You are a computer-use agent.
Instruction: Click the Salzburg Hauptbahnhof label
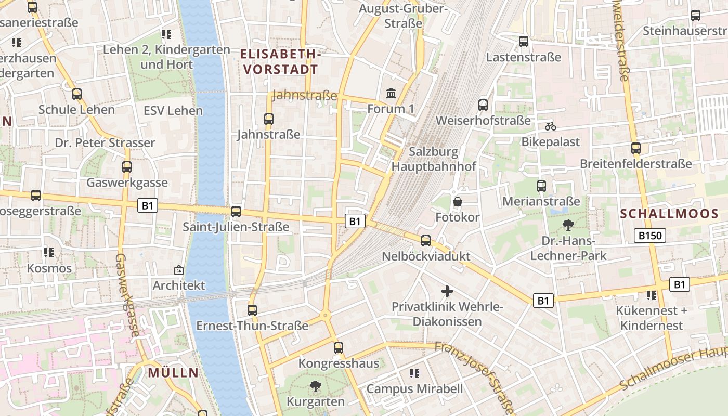point(434,159)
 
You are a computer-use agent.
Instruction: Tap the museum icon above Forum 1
point(391,94)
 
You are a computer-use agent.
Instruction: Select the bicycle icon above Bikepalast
point(551,126)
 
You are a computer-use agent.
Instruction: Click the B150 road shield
point(650,236)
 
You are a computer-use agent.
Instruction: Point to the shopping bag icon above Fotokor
point(458,202)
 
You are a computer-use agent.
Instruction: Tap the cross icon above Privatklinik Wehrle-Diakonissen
point(447,291)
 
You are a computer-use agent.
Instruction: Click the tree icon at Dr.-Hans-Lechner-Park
point(568,225)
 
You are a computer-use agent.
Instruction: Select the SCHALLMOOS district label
point(669,213)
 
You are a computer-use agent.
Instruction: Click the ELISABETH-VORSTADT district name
point(280,61)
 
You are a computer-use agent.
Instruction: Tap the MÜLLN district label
point(173,372)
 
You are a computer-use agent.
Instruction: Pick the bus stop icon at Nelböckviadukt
point(426,240)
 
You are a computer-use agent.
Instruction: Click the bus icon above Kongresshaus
point(339,347)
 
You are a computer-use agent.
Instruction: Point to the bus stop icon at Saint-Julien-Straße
point(236,211)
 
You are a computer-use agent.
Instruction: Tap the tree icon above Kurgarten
point(315,386)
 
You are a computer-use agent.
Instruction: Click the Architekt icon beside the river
point(179,270)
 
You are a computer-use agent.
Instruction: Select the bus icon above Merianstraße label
point(541,186)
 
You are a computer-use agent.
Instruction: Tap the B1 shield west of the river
point(148,205)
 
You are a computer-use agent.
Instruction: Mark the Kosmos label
point(49,268)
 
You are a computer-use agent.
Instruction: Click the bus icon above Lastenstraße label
point(524,42)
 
